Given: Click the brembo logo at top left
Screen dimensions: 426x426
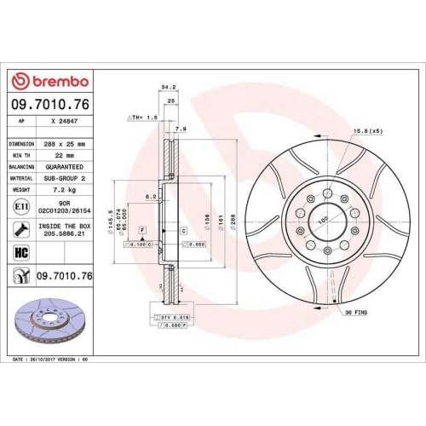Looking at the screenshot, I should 49,81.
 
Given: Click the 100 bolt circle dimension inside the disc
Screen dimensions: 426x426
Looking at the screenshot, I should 322,221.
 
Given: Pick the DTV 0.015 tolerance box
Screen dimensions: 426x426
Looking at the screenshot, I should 171,317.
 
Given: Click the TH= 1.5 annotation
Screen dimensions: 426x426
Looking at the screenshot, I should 141,117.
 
